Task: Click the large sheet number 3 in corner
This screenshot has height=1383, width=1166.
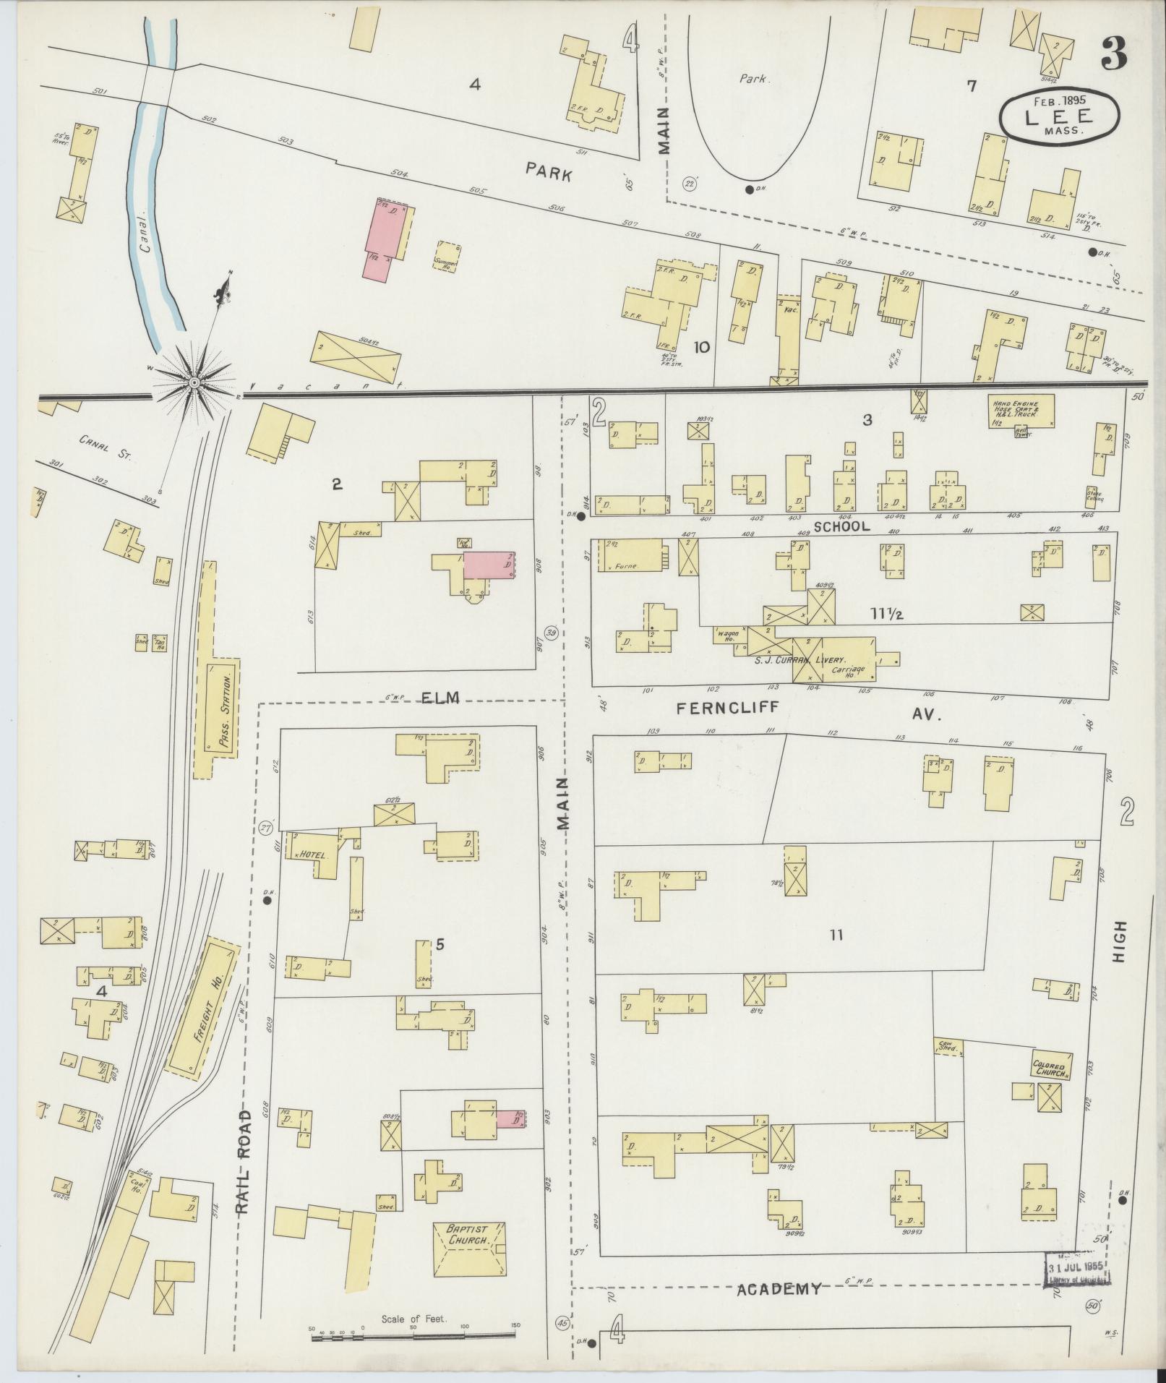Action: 1118,52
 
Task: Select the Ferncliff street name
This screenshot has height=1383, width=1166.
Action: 729,709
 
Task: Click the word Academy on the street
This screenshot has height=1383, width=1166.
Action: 779,1288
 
